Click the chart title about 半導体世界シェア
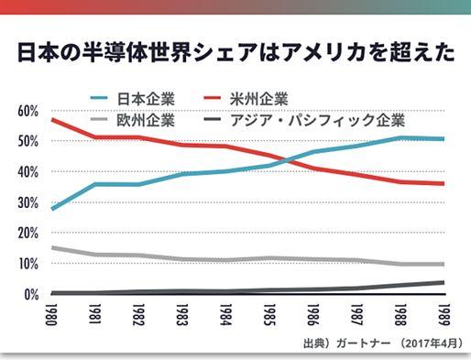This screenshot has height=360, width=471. point(235,52)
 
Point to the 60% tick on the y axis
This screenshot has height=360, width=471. point(27,111)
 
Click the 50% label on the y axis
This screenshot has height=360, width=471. point(27,141)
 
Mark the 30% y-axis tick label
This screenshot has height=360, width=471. point(27,202)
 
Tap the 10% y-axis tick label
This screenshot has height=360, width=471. point(27,264)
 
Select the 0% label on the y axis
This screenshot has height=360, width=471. point(30,295)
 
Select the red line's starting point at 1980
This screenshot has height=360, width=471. point(51,119)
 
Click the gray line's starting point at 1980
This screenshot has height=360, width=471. point(51,247)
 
